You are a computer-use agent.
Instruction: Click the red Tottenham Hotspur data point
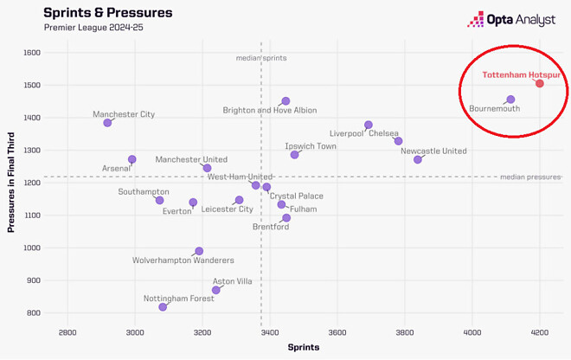(540, 83)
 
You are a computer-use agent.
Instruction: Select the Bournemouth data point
(510, 100)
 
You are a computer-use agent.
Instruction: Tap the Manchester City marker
(107, 123)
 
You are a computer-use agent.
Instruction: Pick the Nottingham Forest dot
(163, 307)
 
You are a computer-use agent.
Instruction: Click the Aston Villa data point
(216, 290)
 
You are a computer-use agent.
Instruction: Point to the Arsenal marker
(132, 159)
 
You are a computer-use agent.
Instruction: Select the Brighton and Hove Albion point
(285, 101)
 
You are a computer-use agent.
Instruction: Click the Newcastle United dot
(417, 159)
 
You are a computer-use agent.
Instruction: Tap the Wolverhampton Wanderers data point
(199, 251)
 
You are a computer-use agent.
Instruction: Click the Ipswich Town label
(311, 146)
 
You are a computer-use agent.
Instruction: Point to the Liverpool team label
(347, 133)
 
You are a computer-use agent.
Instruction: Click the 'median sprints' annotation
(261, 58)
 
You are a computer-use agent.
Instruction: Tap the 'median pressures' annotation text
(530, 177)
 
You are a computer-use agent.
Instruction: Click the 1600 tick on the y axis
(33, 53)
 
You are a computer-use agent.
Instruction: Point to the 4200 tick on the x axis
(540, 332)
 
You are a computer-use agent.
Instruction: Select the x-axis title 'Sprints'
(303, 348)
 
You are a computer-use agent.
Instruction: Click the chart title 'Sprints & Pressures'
(107, 13)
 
